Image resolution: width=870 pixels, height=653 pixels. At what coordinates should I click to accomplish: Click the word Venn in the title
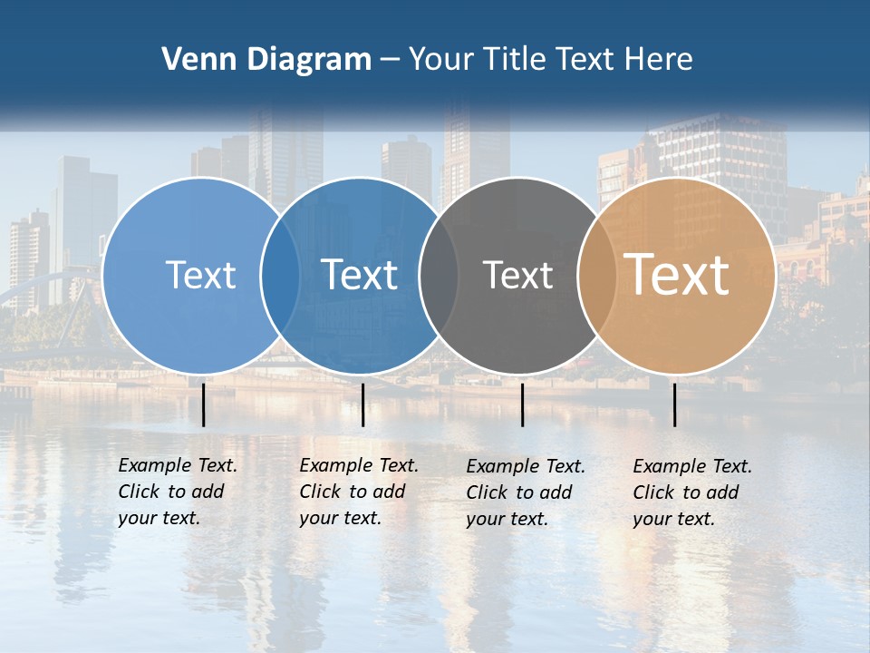[x=194, y=60]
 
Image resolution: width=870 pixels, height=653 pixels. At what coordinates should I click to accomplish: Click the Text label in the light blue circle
[x=200, y=275]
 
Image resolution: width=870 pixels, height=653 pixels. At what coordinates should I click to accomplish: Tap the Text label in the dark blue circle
[x=359, y=275]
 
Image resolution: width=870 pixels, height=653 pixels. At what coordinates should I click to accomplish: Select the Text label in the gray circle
[x=517, y=275]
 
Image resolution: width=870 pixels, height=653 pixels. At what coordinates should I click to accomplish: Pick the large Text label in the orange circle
[x=677, y=274]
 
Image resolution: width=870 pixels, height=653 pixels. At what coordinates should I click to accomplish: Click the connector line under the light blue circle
[x=203, y=404]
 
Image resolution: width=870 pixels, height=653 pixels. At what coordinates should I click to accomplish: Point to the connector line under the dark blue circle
[x=362, y=404]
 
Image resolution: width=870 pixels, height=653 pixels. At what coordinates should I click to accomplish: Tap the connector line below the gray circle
[x=522, y=404]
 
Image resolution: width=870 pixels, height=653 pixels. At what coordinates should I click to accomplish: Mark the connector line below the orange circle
[x=674, y=404]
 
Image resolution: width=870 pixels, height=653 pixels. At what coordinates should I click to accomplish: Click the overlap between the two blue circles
[x=280, y=275]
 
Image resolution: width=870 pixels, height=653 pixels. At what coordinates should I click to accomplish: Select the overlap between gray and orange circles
[x=596, y=275]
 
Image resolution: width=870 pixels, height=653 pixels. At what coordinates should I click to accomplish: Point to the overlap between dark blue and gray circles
[x=438, y=275]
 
